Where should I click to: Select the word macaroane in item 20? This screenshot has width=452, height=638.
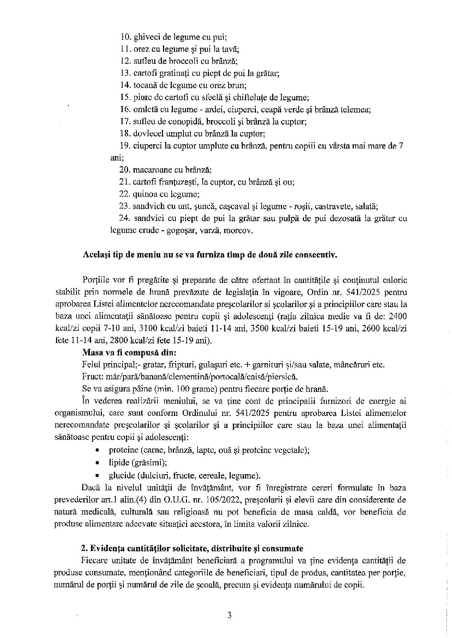click(x=149, y=170)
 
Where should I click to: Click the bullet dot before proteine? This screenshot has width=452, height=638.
click(x=97, y=450)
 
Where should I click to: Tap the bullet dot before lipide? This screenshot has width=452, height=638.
click(x=97, y=463)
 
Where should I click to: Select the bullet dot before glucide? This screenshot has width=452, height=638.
click(x=97, y=475)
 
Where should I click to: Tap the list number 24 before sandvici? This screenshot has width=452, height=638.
click(x=124, y=219)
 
